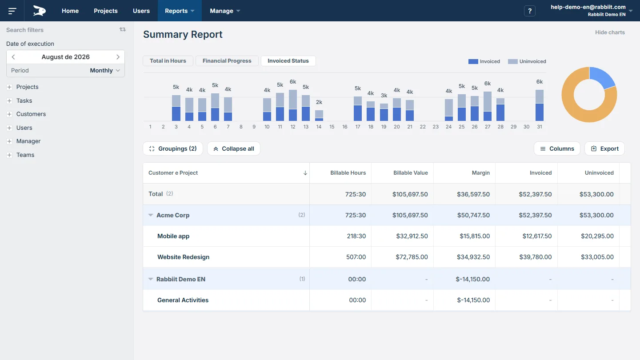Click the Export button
604,148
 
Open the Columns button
557,148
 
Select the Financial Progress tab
227,61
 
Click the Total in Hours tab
168,61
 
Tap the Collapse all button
234,148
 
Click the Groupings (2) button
173,148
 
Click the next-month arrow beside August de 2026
118,57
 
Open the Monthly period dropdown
105,71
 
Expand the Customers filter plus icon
9,114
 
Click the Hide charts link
610,32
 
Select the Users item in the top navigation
141,11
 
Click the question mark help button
530,11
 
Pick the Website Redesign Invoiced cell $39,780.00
535,257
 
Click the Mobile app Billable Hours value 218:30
356,236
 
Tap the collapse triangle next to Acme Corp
151,215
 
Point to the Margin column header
480,173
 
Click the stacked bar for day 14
319,116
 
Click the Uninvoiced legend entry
527,61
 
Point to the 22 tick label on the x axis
423,127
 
